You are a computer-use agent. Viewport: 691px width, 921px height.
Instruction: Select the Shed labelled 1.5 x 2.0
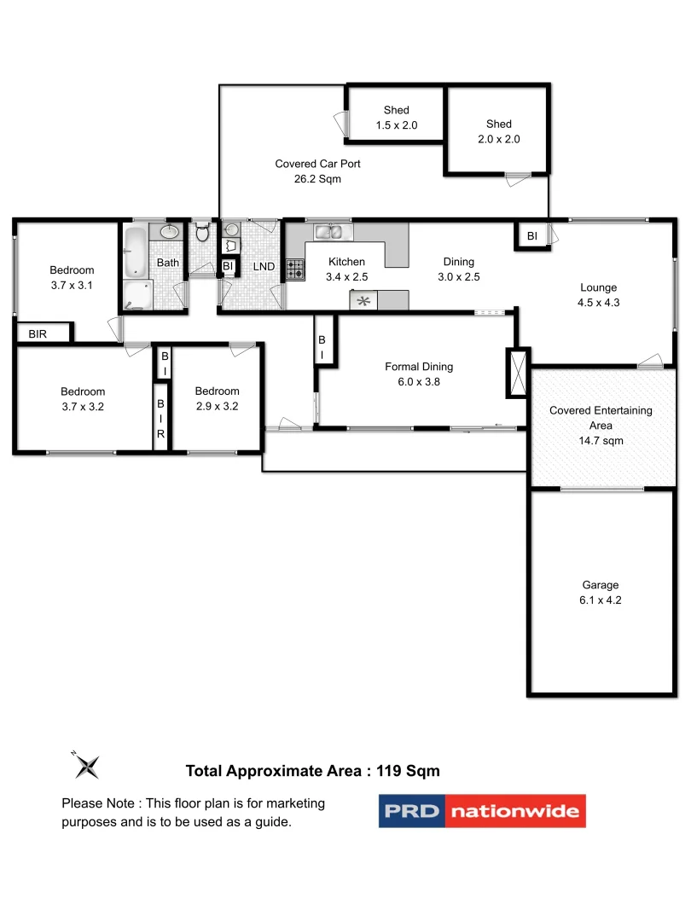click(396, 118)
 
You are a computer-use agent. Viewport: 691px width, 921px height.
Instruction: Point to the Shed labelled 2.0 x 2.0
click(498, 131)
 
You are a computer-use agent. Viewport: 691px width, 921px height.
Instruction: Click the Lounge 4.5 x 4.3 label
click(598, 295)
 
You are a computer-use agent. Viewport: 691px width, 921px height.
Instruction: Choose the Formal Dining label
click(419, 374)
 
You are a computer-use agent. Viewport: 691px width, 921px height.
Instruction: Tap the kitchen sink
click(328, 231)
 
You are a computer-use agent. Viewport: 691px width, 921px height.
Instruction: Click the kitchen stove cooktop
click(294, 270)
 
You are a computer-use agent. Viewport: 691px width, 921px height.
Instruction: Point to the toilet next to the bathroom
click(202, 233)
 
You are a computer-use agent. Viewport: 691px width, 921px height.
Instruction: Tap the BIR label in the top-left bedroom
click(38, 334)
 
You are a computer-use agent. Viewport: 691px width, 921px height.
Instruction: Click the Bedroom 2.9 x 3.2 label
click(216, 399)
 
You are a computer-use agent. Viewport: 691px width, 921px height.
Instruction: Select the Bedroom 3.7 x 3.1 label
click(72, 278)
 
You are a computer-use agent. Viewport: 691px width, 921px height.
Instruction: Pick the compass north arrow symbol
click(86, 765)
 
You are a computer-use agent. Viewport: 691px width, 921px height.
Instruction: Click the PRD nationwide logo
click(482, 810)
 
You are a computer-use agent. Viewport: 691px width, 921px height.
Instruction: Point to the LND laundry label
click(264, 267)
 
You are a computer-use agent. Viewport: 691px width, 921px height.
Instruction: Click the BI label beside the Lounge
click(531, 236)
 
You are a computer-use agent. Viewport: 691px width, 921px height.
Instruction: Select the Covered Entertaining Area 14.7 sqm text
click(601, 425)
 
